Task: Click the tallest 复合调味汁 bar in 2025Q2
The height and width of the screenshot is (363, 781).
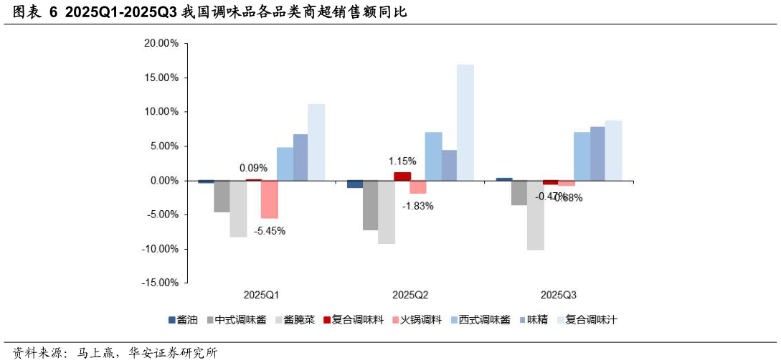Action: pyautogui.click(x=465, y=122)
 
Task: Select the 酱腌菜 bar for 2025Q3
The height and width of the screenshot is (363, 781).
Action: pyautogui.click(x=536, y=214)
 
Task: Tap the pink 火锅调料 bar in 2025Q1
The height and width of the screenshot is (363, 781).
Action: pyautogui.click(x=270, y=199)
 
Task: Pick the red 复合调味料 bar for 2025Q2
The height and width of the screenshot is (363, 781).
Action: pyautogui.click(x=402, y=176)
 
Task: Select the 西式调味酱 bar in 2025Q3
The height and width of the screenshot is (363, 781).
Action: pyautogui.click(x=582, y=156)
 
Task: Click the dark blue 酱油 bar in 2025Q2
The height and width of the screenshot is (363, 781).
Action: pyautogui.click(x=354, y=184)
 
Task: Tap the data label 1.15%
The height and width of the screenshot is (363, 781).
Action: pyautogui.click(x=402, y=161)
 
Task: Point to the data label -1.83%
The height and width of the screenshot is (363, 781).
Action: pyautogui.click(x=418, y=206)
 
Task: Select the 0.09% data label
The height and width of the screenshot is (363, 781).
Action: pyautogui.click(x=254, y=169)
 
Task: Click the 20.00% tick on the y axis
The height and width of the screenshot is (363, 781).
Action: pyautogui.click(x=161, y=43)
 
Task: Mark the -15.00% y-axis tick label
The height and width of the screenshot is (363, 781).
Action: pyautogui.click(x=160, y=283)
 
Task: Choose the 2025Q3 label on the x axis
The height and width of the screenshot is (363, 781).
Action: pyautogui.click(x=559, y=295)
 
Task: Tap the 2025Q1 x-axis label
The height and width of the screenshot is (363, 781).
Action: pyautogui.click(x=261, y=295)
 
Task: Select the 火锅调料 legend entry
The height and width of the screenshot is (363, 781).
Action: pyautogui.click(x=420, y=320)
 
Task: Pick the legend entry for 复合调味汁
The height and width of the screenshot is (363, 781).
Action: pyautogui.click(x=591, y=320)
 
